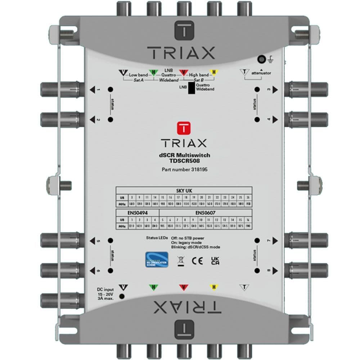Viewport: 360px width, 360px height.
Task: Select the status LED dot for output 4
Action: (x=257, y=119)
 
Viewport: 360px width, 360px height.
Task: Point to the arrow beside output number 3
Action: (x=275, y=90)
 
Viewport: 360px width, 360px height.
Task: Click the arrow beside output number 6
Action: (x=93, y=270)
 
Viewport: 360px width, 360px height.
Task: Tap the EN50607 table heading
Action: (x=205, y=213)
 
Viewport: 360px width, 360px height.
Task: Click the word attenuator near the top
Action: (x=261, y=73)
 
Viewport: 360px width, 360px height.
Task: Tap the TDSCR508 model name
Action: (x=184, y=161)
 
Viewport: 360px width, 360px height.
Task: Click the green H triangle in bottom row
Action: (x=154, y=287)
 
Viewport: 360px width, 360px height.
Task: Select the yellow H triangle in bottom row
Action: (x=214, y=287)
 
